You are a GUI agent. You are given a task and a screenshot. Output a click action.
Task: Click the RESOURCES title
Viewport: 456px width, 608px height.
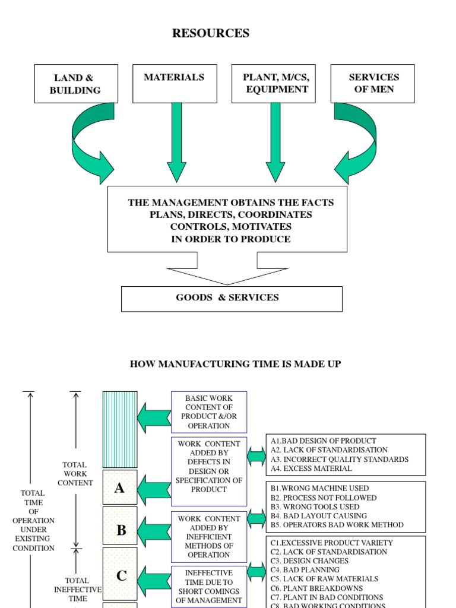pos(211,33)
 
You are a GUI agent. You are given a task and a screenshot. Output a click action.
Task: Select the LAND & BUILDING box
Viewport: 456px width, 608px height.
pos(75,84)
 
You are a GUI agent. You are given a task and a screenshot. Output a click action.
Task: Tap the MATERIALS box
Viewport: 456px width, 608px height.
pos(174,84)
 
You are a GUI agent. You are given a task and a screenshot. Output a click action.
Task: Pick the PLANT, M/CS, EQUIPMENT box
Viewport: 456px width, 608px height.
pos(275,84)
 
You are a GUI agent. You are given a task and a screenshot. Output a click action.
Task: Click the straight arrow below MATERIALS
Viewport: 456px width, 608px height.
pos(176,142)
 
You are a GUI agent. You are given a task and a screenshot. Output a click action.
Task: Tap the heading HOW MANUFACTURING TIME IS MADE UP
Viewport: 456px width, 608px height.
pos(235,364)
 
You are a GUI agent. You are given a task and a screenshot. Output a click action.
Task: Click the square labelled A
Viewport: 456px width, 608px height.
pos(120,487)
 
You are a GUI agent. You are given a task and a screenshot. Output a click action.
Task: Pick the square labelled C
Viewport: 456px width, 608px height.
pos(120,575)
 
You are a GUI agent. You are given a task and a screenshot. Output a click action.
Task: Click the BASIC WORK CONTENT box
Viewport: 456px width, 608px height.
pos(208,411)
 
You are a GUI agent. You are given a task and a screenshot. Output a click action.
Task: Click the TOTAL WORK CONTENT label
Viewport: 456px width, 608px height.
pos(75,474)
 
